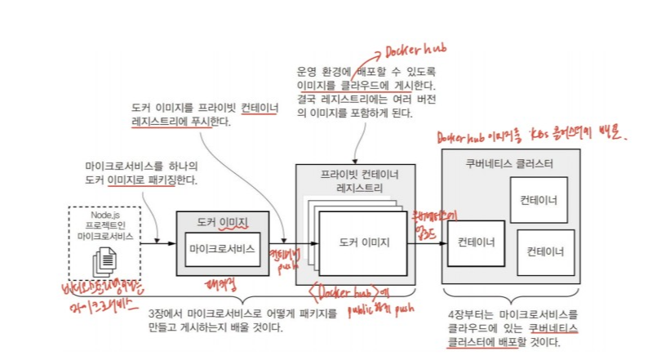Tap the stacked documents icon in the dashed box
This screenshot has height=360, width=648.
[x=104, y=260]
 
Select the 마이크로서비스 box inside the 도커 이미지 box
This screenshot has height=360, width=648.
[x=222, y=248]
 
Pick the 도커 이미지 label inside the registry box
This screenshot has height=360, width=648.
[x=363, y=242]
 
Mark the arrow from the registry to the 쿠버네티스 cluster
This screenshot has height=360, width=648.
[x=429, y=242]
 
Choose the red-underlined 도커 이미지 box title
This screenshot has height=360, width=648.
[x=222, y=222]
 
